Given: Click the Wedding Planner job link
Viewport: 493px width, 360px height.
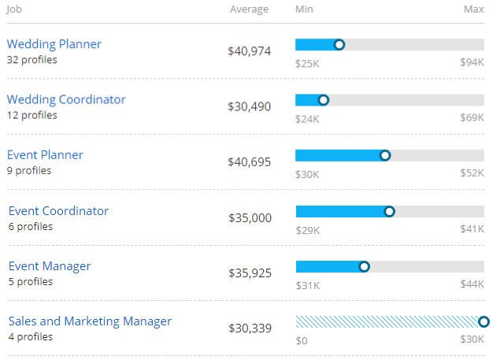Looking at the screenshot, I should (x=54, y=44).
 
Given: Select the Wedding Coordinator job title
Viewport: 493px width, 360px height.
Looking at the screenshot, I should (x=66, y=100).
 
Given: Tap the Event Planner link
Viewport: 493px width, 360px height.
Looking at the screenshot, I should (x=45, y=155).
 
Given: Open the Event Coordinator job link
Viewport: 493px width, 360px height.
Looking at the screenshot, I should (x=58, y=211).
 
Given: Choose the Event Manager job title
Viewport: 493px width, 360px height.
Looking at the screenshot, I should (x=50, y=266).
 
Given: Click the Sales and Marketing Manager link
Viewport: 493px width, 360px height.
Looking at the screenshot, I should (x=90, y=321).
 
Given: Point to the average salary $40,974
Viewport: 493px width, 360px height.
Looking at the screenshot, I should (x=249, y=51).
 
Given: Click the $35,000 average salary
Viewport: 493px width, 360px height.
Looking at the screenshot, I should (x=250, y=217).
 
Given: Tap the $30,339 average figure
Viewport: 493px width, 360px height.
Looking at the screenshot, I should (x=250, y=328).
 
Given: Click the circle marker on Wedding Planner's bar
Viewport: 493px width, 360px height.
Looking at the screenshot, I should (x=339, y=45).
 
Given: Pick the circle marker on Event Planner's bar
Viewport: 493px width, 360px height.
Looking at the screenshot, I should (x=385, y=155).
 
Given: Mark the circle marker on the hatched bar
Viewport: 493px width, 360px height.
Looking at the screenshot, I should (x=484, y=321).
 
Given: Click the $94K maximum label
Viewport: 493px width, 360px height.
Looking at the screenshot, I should (x=472, y=62).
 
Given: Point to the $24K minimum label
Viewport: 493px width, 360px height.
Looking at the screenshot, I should (x=307, y=119).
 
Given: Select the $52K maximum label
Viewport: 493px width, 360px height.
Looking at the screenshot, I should (x=472, y=173).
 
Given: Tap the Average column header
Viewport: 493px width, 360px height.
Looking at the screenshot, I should (x=249, y=9).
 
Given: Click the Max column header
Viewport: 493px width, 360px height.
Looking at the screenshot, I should (x=474, y=9).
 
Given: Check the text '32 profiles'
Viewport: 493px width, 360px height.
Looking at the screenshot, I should (x=32, y=60).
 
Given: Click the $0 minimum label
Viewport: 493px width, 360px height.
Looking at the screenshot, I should (x=302, y=340).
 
